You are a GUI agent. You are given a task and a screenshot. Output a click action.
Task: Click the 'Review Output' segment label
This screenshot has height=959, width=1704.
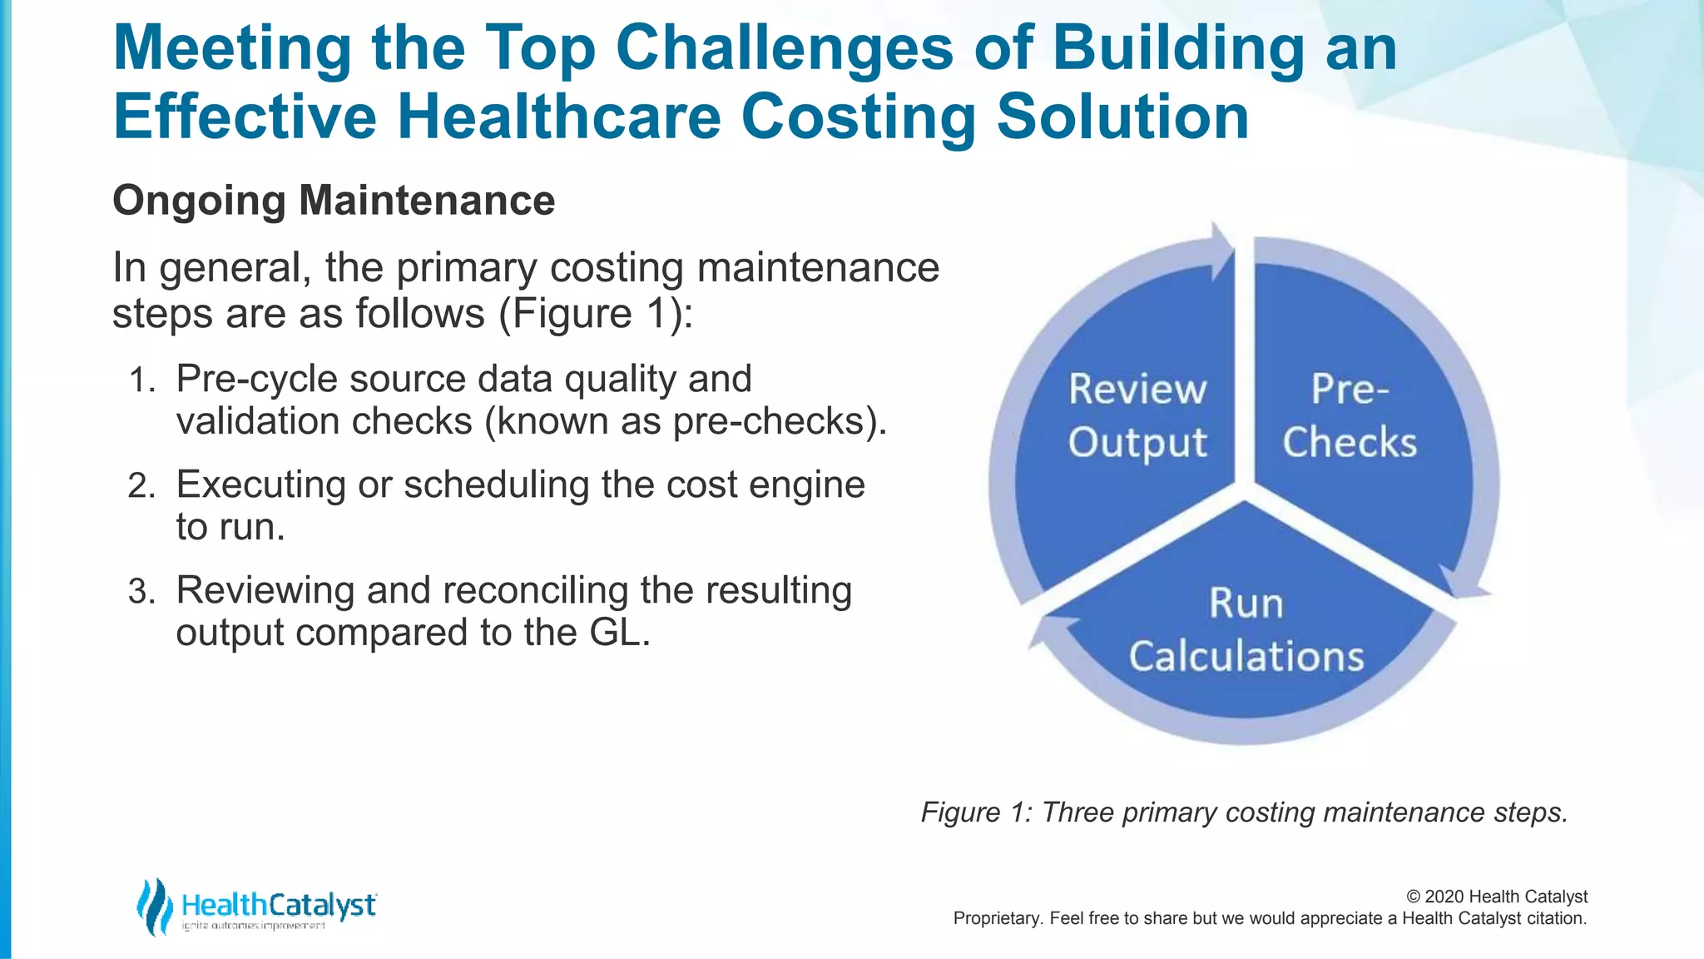point(1137,416)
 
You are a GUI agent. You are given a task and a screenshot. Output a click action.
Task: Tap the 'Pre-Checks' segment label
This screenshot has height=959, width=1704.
point(1349,416)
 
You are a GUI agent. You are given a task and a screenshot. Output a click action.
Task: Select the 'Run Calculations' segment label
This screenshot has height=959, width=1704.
point(1246,630)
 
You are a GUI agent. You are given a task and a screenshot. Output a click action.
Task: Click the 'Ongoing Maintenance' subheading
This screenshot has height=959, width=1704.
point(334,201)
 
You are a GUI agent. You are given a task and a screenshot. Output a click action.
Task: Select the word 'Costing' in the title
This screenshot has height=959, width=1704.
point(858,116)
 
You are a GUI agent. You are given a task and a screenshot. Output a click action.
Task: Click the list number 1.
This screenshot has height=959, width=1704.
point(142,381)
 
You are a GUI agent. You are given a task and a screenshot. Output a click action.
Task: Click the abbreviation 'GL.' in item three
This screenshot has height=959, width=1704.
point(619,633)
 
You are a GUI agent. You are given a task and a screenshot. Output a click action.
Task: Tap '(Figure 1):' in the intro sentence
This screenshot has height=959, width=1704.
point(596,315)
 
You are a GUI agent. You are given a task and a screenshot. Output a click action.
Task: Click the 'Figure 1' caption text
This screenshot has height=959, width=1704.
point(1243,812)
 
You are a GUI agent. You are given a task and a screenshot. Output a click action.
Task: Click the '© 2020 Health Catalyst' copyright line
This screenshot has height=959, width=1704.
point(1496,897)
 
